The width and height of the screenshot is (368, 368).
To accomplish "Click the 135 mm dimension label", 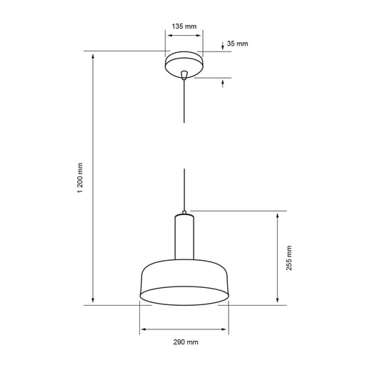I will (184, 26).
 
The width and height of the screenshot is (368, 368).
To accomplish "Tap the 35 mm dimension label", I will (237, 44).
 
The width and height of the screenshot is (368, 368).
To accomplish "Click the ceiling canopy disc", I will (184, 63).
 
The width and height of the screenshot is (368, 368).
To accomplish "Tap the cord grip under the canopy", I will (184, 75).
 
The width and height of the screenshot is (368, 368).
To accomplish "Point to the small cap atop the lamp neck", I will (184, 212).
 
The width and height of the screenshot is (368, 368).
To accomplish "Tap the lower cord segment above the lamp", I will (184, 189).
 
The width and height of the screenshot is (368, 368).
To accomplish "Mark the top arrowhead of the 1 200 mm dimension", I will (93, 56).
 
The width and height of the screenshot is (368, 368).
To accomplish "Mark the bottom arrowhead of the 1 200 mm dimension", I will (93, 301).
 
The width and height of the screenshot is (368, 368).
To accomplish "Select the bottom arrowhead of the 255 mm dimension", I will (277, 301).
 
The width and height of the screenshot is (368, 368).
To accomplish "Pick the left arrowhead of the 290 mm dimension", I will (144, 329).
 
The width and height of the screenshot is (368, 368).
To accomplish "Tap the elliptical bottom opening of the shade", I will (184, 296).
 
